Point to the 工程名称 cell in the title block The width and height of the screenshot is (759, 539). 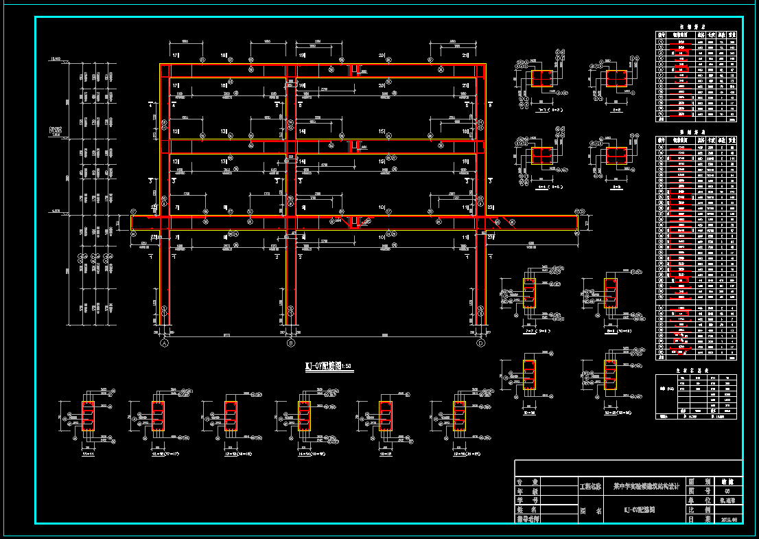(590, 485)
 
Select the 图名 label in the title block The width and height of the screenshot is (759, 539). (590, 510)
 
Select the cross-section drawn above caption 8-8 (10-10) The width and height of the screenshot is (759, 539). (610, 293)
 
